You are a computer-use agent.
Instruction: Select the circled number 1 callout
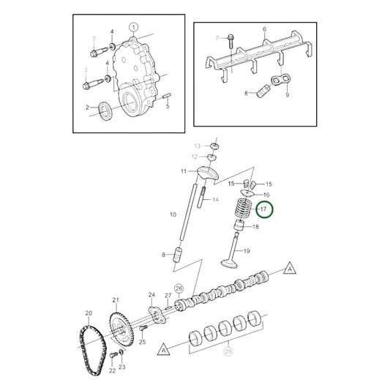coord(132,27)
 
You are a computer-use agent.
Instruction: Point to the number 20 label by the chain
coord(89,313)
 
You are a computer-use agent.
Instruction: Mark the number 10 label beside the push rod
coord(173,215)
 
